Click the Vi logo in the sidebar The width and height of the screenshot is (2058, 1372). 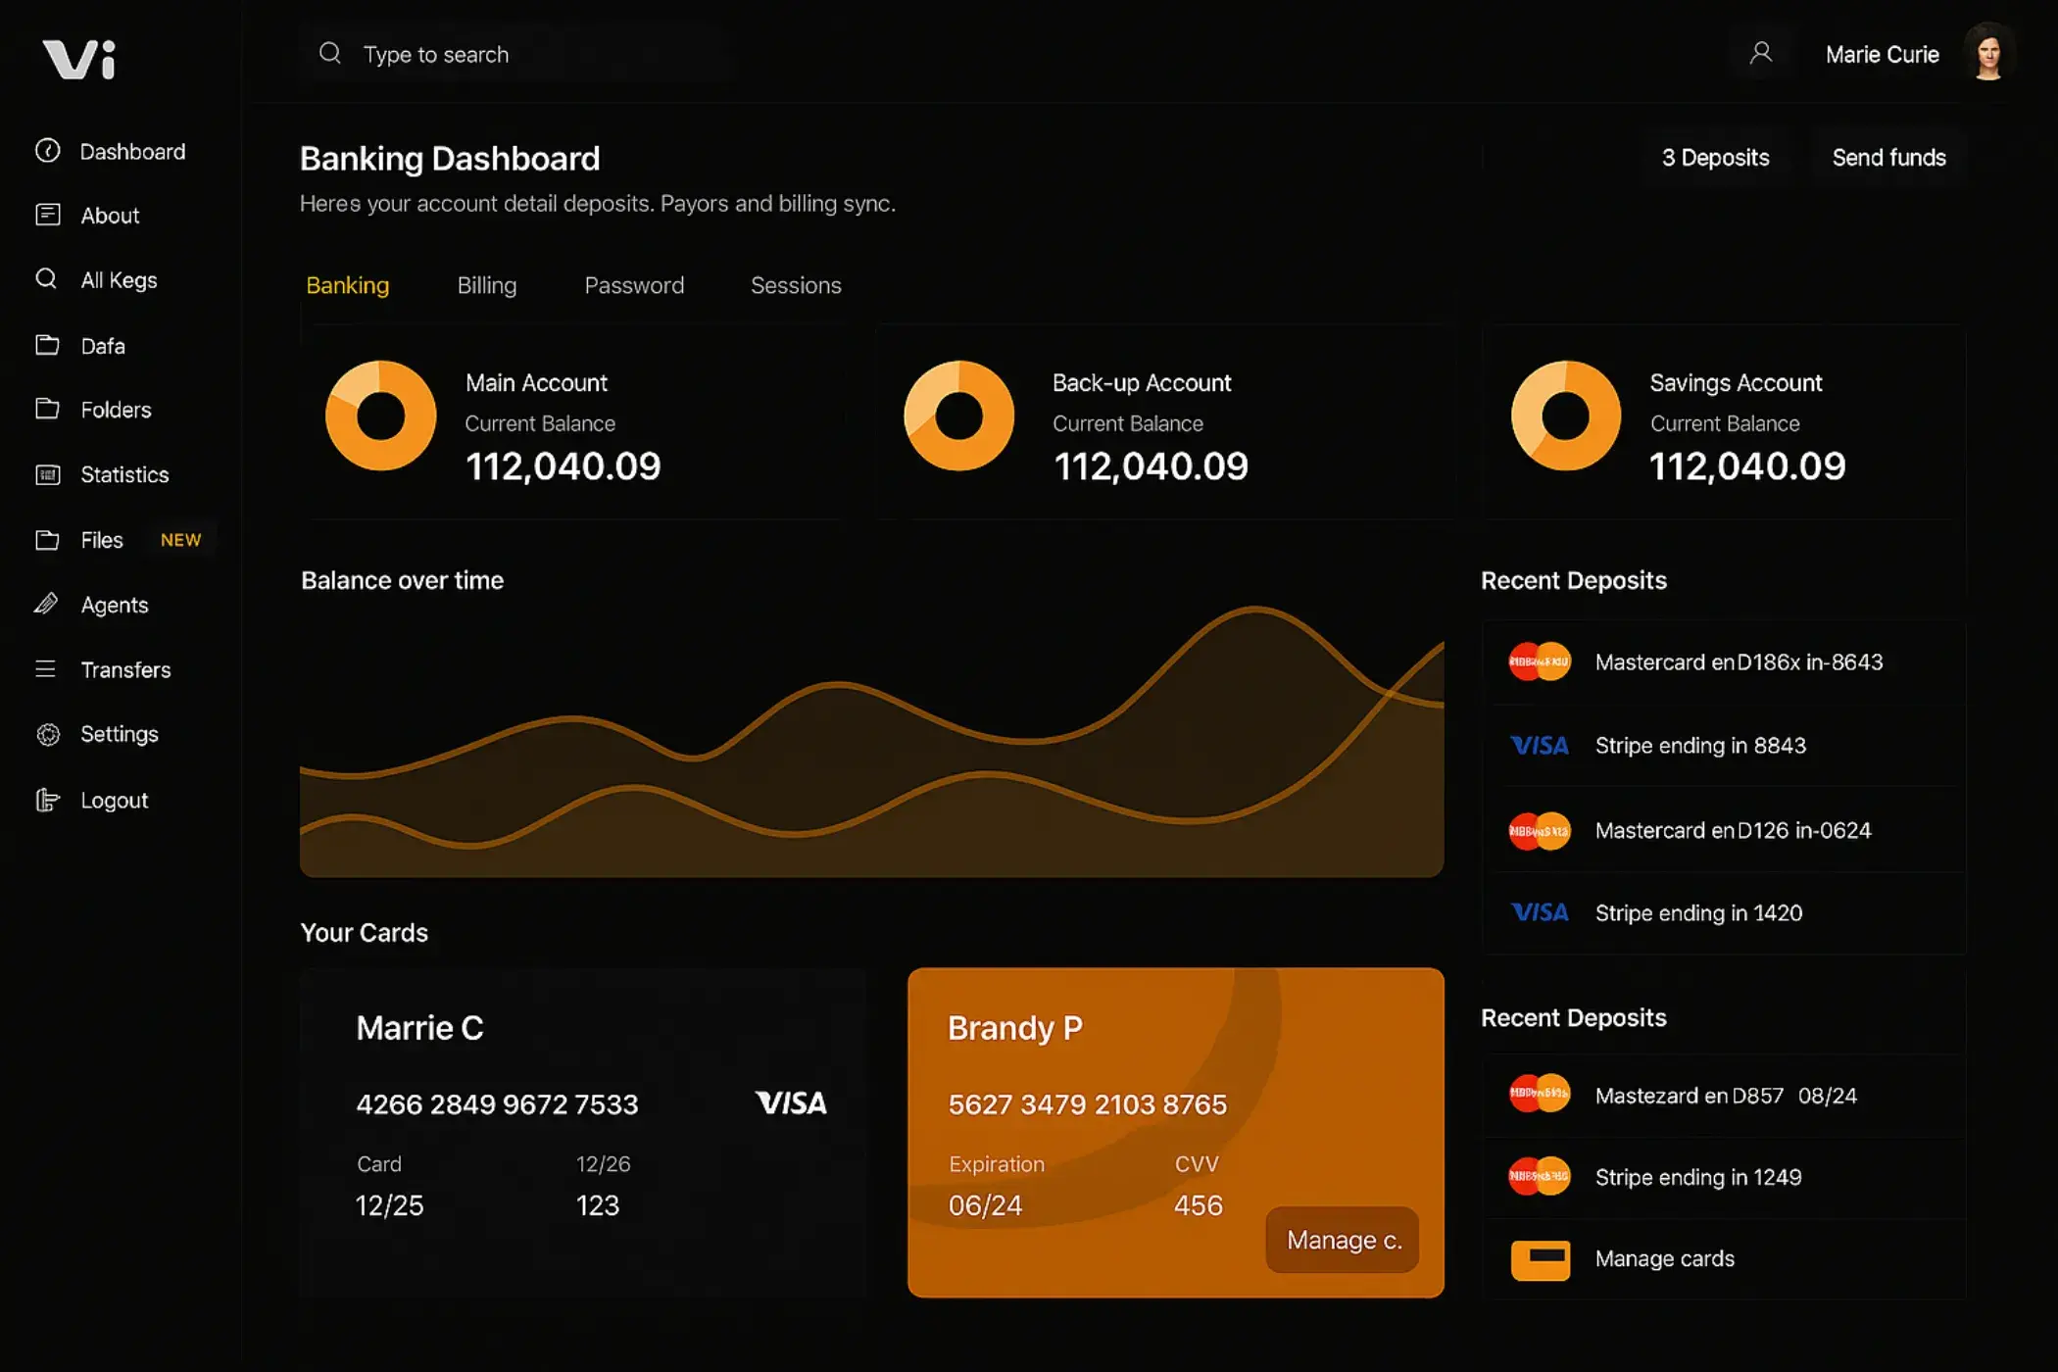coord(79,59)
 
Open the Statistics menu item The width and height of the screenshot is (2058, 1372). coord(124,475)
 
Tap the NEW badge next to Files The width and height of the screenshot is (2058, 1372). coord(180,540)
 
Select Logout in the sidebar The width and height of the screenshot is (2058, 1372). coord(114,801)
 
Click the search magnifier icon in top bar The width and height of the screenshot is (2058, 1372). coord(330,53)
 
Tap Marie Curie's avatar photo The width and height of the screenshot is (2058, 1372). coord(1988,53)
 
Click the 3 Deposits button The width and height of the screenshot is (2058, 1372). coord(1715,158)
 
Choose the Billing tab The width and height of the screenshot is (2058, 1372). coord(486,285)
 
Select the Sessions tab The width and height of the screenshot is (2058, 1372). coord(796,285)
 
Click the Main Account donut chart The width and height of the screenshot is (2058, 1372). coord(381,416)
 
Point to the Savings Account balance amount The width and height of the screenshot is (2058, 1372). coord(1747,466)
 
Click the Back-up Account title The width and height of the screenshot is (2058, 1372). coord(1142,383)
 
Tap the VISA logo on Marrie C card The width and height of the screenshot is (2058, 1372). coord(791,1103)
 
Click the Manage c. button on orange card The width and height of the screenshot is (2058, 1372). coord(1343,1240)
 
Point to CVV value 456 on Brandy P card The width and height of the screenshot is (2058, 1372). coord(1198,1205)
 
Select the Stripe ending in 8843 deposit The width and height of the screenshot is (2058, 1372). coord(1699,746)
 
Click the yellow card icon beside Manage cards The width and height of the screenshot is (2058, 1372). coord(1540,1259)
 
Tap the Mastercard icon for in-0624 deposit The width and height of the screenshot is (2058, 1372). coord(1540,831)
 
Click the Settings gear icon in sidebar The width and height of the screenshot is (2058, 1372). coord(48,735)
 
